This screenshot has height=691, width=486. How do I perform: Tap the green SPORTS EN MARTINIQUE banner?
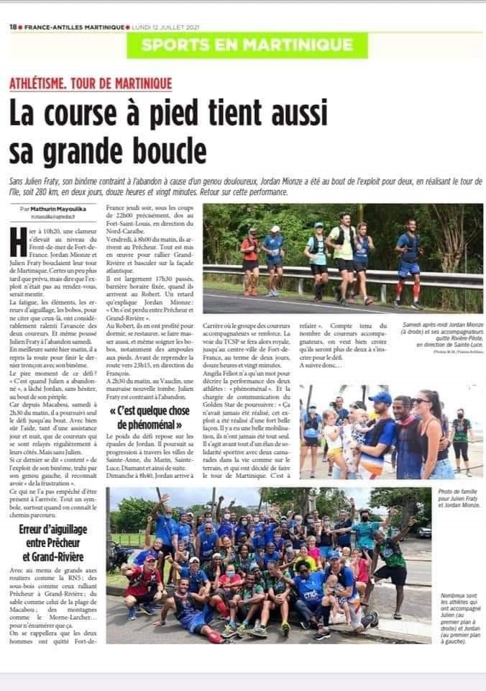247,45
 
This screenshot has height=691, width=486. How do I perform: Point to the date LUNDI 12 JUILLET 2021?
162,27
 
